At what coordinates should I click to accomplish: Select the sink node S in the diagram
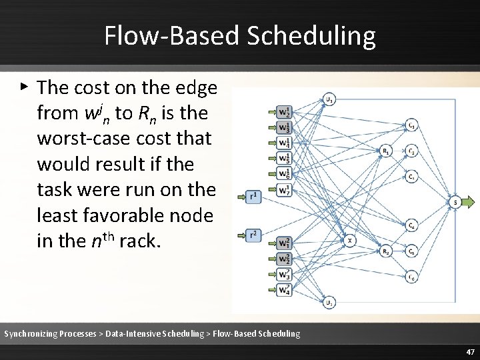(x=455, y=201)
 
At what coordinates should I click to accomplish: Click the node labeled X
(x=349, y=240)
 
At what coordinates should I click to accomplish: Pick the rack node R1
(x=385, y=151)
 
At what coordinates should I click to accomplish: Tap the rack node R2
(x=385, y=251)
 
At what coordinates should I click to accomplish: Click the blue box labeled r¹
(x=253, y=197)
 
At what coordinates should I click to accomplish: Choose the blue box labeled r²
(x=253, y=235)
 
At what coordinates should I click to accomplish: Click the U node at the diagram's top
(x=329, y=100)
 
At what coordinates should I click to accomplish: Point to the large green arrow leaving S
(x=469, y=201)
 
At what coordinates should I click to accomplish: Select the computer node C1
(x=412, y=125)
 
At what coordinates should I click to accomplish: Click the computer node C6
(x=412, y=277)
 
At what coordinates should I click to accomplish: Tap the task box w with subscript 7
(x=284, y=191)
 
